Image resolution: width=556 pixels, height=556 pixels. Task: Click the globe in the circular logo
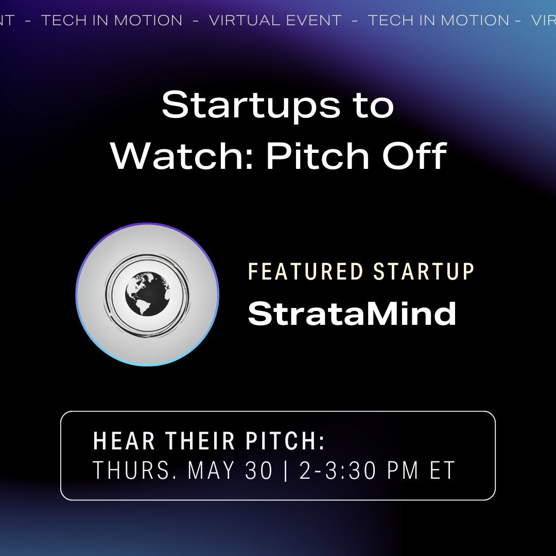point(147,294)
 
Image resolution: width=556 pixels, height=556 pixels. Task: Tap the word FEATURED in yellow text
point(306,272)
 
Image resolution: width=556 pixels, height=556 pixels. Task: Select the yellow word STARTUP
point(423,272)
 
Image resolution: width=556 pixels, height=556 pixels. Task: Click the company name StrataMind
point(352,313)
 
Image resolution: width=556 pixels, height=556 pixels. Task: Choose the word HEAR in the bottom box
point(125,441)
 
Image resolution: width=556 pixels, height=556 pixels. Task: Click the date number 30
point(258,470)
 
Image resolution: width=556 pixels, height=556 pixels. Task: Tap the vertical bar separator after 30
point(286,470)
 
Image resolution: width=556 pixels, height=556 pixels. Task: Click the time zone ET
point(443,470)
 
